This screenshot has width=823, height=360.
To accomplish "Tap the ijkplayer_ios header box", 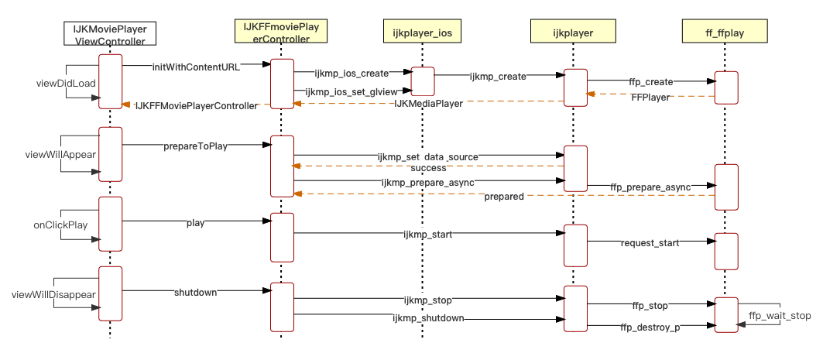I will click(x=422, y=32).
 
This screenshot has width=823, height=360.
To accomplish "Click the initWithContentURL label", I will click(x=196, y=67).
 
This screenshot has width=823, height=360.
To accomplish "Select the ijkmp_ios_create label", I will click(x=351, y=74).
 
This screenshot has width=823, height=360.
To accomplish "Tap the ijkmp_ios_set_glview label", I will click(x=351, y=91).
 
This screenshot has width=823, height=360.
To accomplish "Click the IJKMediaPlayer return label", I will click(x=428, y=103).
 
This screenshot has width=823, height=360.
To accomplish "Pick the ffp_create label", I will click(x=650, y=82).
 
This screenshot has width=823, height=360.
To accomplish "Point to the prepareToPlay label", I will click(x=195, y=146).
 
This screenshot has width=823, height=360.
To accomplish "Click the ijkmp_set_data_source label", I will click(x=427, y=156).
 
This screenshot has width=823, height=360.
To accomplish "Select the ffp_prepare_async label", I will click(x=650, y=187).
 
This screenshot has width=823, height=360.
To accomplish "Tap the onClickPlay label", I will click(x=60, y=225).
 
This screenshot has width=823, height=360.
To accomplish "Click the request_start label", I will click(x=650, y=243).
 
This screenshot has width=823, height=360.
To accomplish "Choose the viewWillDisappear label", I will click(x=53, y=295).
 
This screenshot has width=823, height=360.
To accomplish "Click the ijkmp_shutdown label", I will click(x=428, y=318).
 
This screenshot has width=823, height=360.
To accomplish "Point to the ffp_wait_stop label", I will click(x=780, y=316).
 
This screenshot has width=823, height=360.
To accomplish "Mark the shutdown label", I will click(x=195, y=292).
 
